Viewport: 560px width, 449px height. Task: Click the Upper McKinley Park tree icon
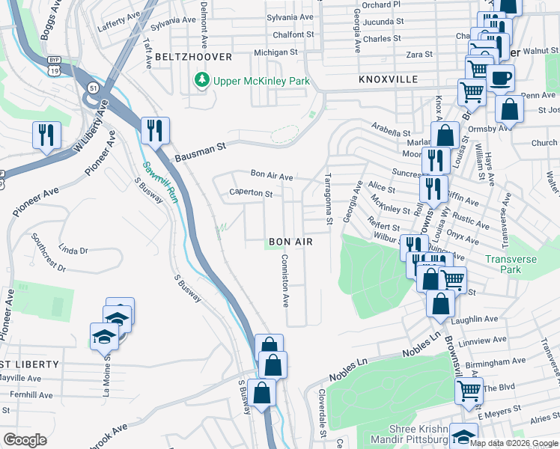201,79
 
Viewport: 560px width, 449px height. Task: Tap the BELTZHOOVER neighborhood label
194,57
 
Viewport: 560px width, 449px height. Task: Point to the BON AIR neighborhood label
290,242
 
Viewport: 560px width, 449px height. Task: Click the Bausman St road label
200,153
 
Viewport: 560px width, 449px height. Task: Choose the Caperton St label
250,193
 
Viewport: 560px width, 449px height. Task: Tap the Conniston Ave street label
284,281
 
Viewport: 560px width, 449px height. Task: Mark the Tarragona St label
328,199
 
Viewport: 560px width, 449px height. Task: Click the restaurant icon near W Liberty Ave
46,135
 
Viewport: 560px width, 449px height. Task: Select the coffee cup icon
500,78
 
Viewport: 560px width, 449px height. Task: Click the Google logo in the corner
25,440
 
